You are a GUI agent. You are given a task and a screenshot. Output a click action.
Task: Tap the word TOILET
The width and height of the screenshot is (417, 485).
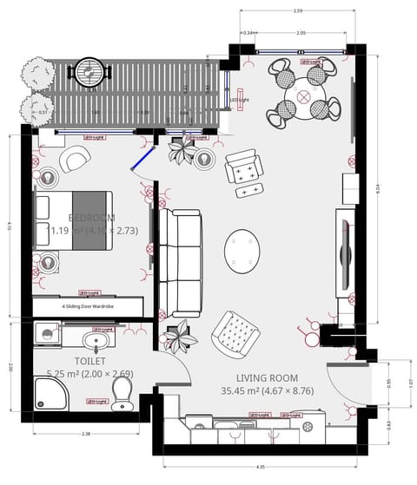(x=90, y=359)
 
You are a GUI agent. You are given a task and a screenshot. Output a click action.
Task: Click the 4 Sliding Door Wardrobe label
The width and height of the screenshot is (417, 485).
(x=88, y=306)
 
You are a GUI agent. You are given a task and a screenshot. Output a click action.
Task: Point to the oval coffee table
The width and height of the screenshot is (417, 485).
(x=242, y=249)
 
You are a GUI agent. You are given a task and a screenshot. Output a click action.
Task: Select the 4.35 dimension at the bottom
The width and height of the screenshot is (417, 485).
(x=261, y=466)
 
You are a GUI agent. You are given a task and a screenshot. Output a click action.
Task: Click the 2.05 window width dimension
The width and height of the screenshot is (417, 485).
(x=301, y=33)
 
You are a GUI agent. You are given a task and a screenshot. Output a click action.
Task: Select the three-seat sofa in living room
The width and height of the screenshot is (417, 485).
(x=181, y=262)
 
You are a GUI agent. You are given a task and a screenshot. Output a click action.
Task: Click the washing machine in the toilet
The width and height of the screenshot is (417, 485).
(x=48, y=332)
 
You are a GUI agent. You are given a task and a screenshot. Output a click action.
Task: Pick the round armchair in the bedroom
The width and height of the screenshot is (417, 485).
(x=75, y=157)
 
